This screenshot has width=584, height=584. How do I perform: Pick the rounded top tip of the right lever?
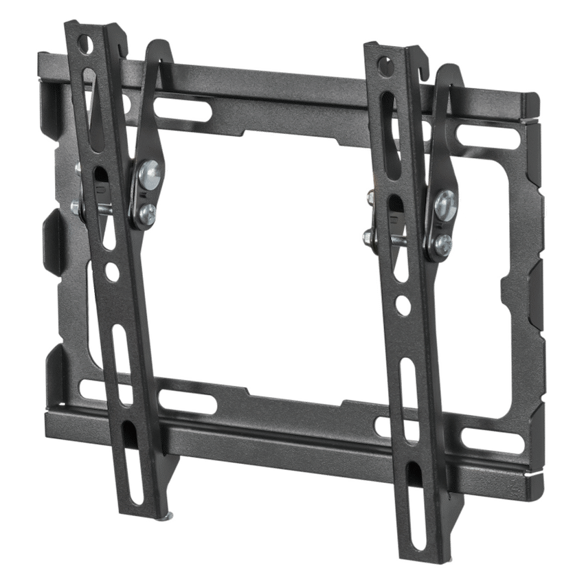[447, 69]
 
